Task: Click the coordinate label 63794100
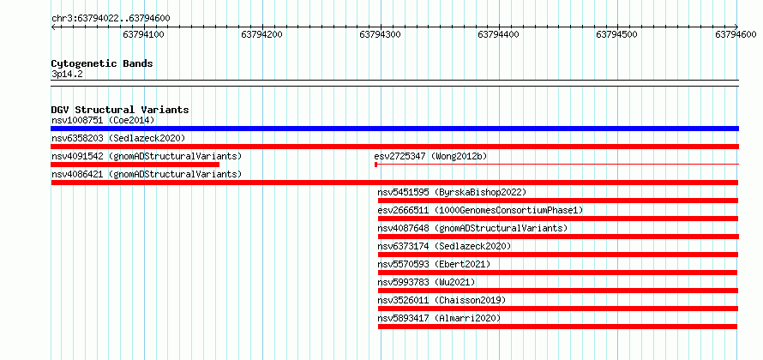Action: point(143,34)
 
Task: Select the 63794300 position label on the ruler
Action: point(380,34)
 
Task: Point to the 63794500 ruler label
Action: point(616,34)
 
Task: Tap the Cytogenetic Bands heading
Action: point(102,63)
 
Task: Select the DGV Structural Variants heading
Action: point(120,110)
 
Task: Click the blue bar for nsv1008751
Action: point(394,129)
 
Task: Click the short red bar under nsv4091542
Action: point(135,165)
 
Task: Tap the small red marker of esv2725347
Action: point(376,165)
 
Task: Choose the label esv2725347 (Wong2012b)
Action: point(430,156)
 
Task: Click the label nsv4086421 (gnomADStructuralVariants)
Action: point(147,174)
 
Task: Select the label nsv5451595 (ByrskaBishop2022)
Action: point(452,192)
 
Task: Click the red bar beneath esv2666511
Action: point(557,219)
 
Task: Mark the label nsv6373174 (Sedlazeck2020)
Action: point(444,246)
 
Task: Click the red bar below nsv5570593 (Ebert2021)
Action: point(557,273)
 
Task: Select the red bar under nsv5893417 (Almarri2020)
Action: point(557,327)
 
